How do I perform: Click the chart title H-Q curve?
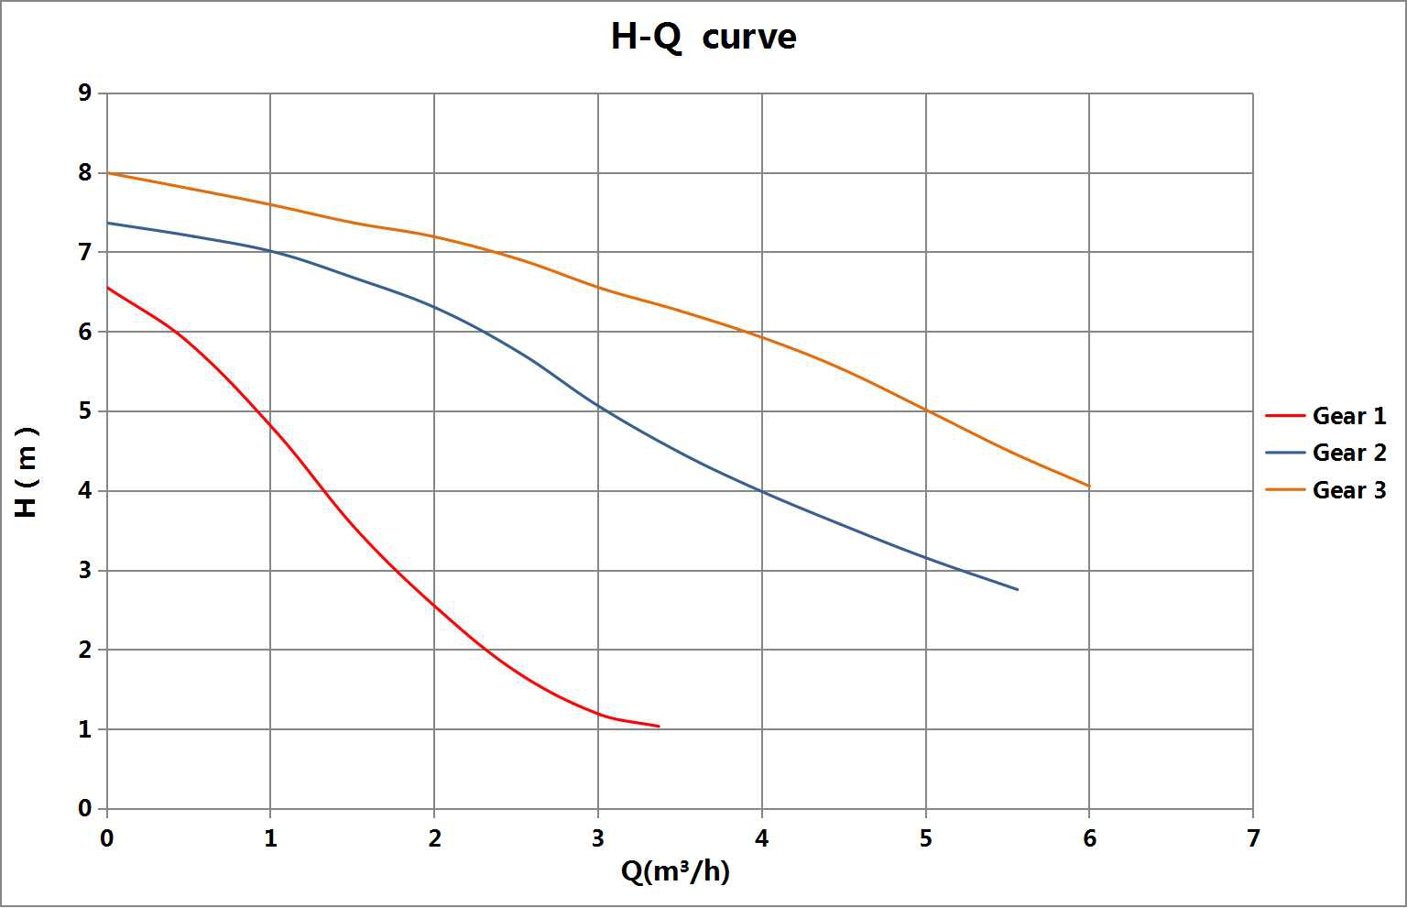pyautogui.click(x=703, y=37)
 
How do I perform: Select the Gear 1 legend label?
pyautogui.click(x=1349, y=416)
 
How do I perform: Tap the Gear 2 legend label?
pyautogui.click(x=1349, y=453)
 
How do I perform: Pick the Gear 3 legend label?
pyautogui.click(x=1349, y=490)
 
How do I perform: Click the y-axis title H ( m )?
pyautogui.click(x=27, y=472)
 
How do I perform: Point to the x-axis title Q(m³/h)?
pyautogui.click(x=675, y=870)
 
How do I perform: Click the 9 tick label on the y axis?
pyautogui.click(x=85, y=93)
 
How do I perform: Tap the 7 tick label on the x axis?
pyautogui.click(x=1252, y=838)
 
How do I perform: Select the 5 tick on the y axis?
pyautogui.click(x=85, y=411)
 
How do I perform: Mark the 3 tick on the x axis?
pyautogui.click(x=597, y=838)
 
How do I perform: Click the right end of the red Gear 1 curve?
pyautogui.click(x=659, y=727)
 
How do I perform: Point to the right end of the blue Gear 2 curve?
pyautogui.click(x=1018, y=589)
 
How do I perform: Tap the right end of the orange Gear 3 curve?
pyautogui.click(x=1089, y=487)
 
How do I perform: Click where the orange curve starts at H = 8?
pyautogui.click(x=108, y=173)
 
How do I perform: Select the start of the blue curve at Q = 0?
pyautogui.click(x=108, y=223)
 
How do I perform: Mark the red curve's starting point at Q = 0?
pyautogui.click(x=108, y=288)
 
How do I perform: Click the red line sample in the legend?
pyautogui.click(x=1284, y=416)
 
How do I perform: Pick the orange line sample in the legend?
pyautogui.click(x=1284, y=490)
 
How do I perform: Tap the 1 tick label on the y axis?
pyautogui.click(x=85, y=730)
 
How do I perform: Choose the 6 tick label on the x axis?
pyautogui.click(x=1089, y=838)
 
